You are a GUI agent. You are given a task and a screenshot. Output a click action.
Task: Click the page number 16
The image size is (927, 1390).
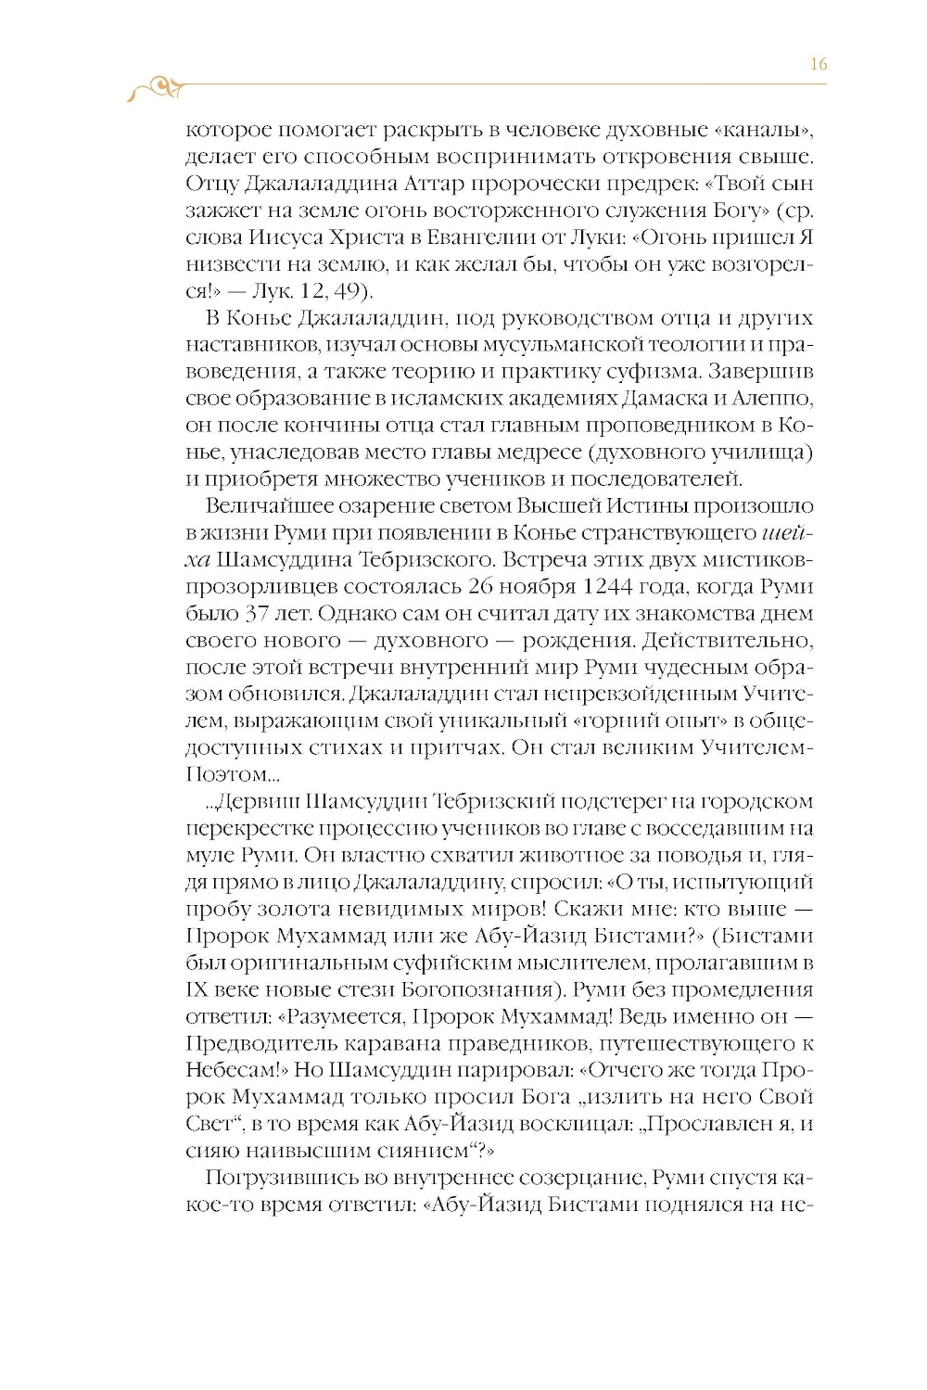(x=818, y=64)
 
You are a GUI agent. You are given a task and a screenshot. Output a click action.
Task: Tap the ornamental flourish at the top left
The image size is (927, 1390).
(x=155, y=88)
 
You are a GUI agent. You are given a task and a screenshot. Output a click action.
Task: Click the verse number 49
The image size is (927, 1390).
(x=348, y=291)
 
